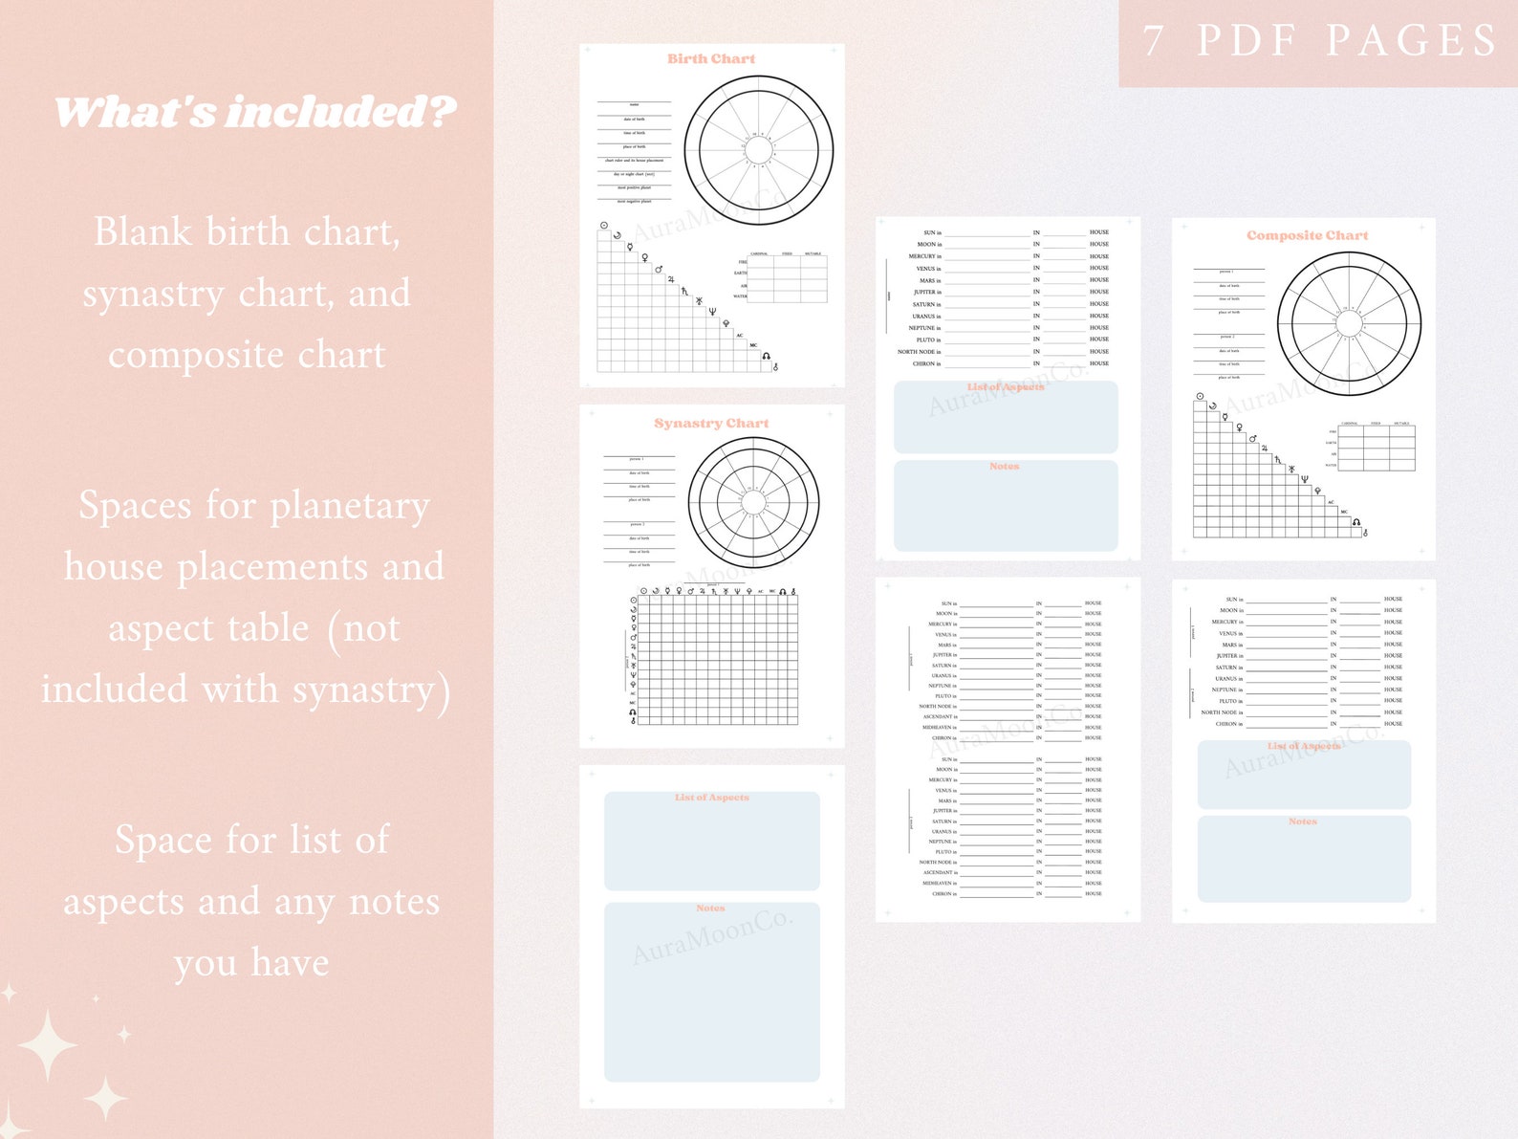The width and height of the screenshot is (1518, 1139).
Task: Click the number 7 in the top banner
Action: [x=1154, y=40]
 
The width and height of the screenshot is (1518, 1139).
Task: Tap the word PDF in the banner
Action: [x=1251, y=40]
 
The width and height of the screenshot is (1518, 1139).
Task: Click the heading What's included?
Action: [x=254, y=112]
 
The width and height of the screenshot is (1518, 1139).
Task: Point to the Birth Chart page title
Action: [x=711, y=59]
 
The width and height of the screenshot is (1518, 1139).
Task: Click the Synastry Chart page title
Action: [x=711, y=424]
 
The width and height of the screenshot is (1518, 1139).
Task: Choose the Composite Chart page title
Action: [x=1307, y=235]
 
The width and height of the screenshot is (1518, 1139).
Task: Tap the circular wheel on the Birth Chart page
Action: [x=759, y=150]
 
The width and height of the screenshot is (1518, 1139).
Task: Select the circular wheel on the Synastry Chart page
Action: [x=753, y=503]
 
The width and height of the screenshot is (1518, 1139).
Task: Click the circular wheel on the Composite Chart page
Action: [x=1349, y=324]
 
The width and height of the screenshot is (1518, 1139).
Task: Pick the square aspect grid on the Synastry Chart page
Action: [x=717, y=660]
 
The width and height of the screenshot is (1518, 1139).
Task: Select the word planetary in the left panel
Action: [x=350, y=507]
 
